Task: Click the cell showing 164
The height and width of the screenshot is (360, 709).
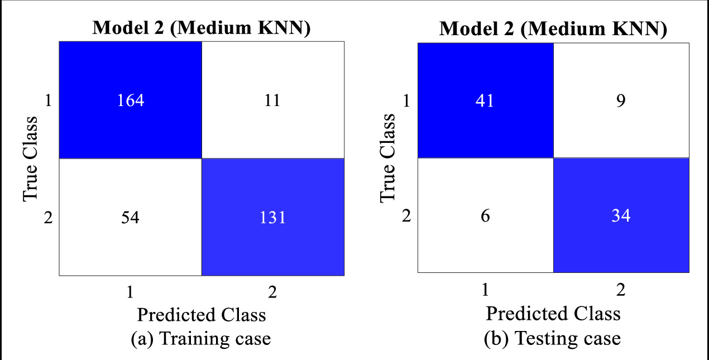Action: [x=130, y=100]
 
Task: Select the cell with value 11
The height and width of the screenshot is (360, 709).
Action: [x=272, y=100]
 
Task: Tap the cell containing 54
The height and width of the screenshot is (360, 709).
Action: [x=130, y=217]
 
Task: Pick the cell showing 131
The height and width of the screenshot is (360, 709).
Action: [x=272, y=217]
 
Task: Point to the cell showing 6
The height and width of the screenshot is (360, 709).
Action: [x=485, y=215]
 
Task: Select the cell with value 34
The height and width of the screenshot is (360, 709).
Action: [x=621, y=215]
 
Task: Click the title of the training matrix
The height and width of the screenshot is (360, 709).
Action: [x=201, y=28]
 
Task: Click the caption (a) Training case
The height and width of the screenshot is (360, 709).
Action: [x=201, y=338]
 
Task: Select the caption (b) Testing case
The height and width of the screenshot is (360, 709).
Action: [x=553, y=338]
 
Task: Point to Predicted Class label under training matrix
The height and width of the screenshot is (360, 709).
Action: [x=201, y=315]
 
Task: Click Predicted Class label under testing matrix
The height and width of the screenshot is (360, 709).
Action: [x=553, y=313]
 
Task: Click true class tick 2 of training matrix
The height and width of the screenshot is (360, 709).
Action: [x=48, y=217]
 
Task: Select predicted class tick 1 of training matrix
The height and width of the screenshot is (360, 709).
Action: [x=130, y=292]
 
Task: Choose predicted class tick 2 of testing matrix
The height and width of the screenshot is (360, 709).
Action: [x=621, y=290]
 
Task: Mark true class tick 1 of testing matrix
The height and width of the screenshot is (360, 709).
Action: [x=406, y=100]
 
